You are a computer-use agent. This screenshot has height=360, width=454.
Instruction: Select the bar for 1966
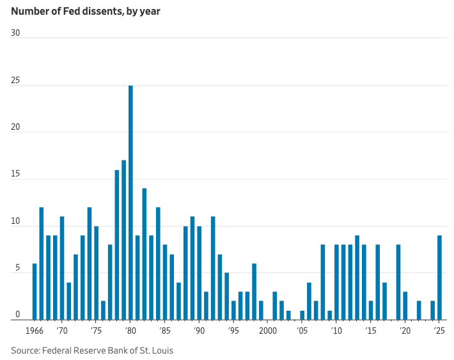coord(35,292)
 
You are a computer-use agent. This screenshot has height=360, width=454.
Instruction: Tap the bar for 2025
coord(439,278)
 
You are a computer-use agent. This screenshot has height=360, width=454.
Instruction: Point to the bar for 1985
coord(165,282)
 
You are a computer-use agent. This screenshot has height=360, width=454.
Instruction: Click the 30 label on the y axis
coord(16,33)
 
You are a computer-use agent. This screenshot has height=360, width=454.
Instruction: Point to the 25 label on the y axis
coord(16,81)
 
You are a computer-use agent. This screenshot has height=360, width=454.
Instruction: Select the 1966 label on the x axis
coord(34,331)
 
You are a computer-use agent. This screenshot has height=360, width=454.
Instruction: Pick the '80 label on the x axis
coord(130,331)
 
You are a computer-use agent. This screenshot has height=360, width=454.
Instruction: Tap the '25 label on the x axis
coord(439,331)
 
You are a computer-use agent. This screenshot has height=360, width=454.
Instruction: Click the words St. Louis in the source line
coord(156,350)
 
